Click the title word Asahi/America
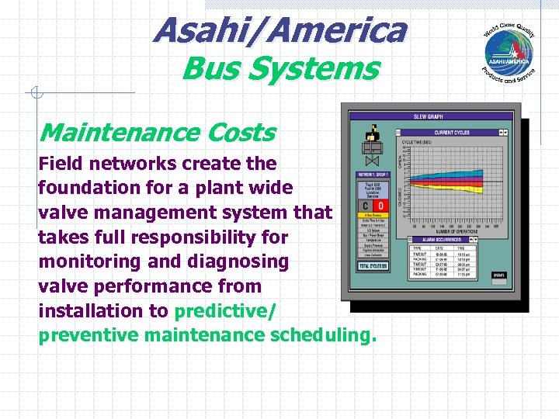click(x=279, y=31)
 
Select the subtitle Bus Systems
click(x=279, y=68)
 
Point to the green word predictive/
click(x=222, y=311)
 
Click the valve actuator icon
click(x=370, y=147)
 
